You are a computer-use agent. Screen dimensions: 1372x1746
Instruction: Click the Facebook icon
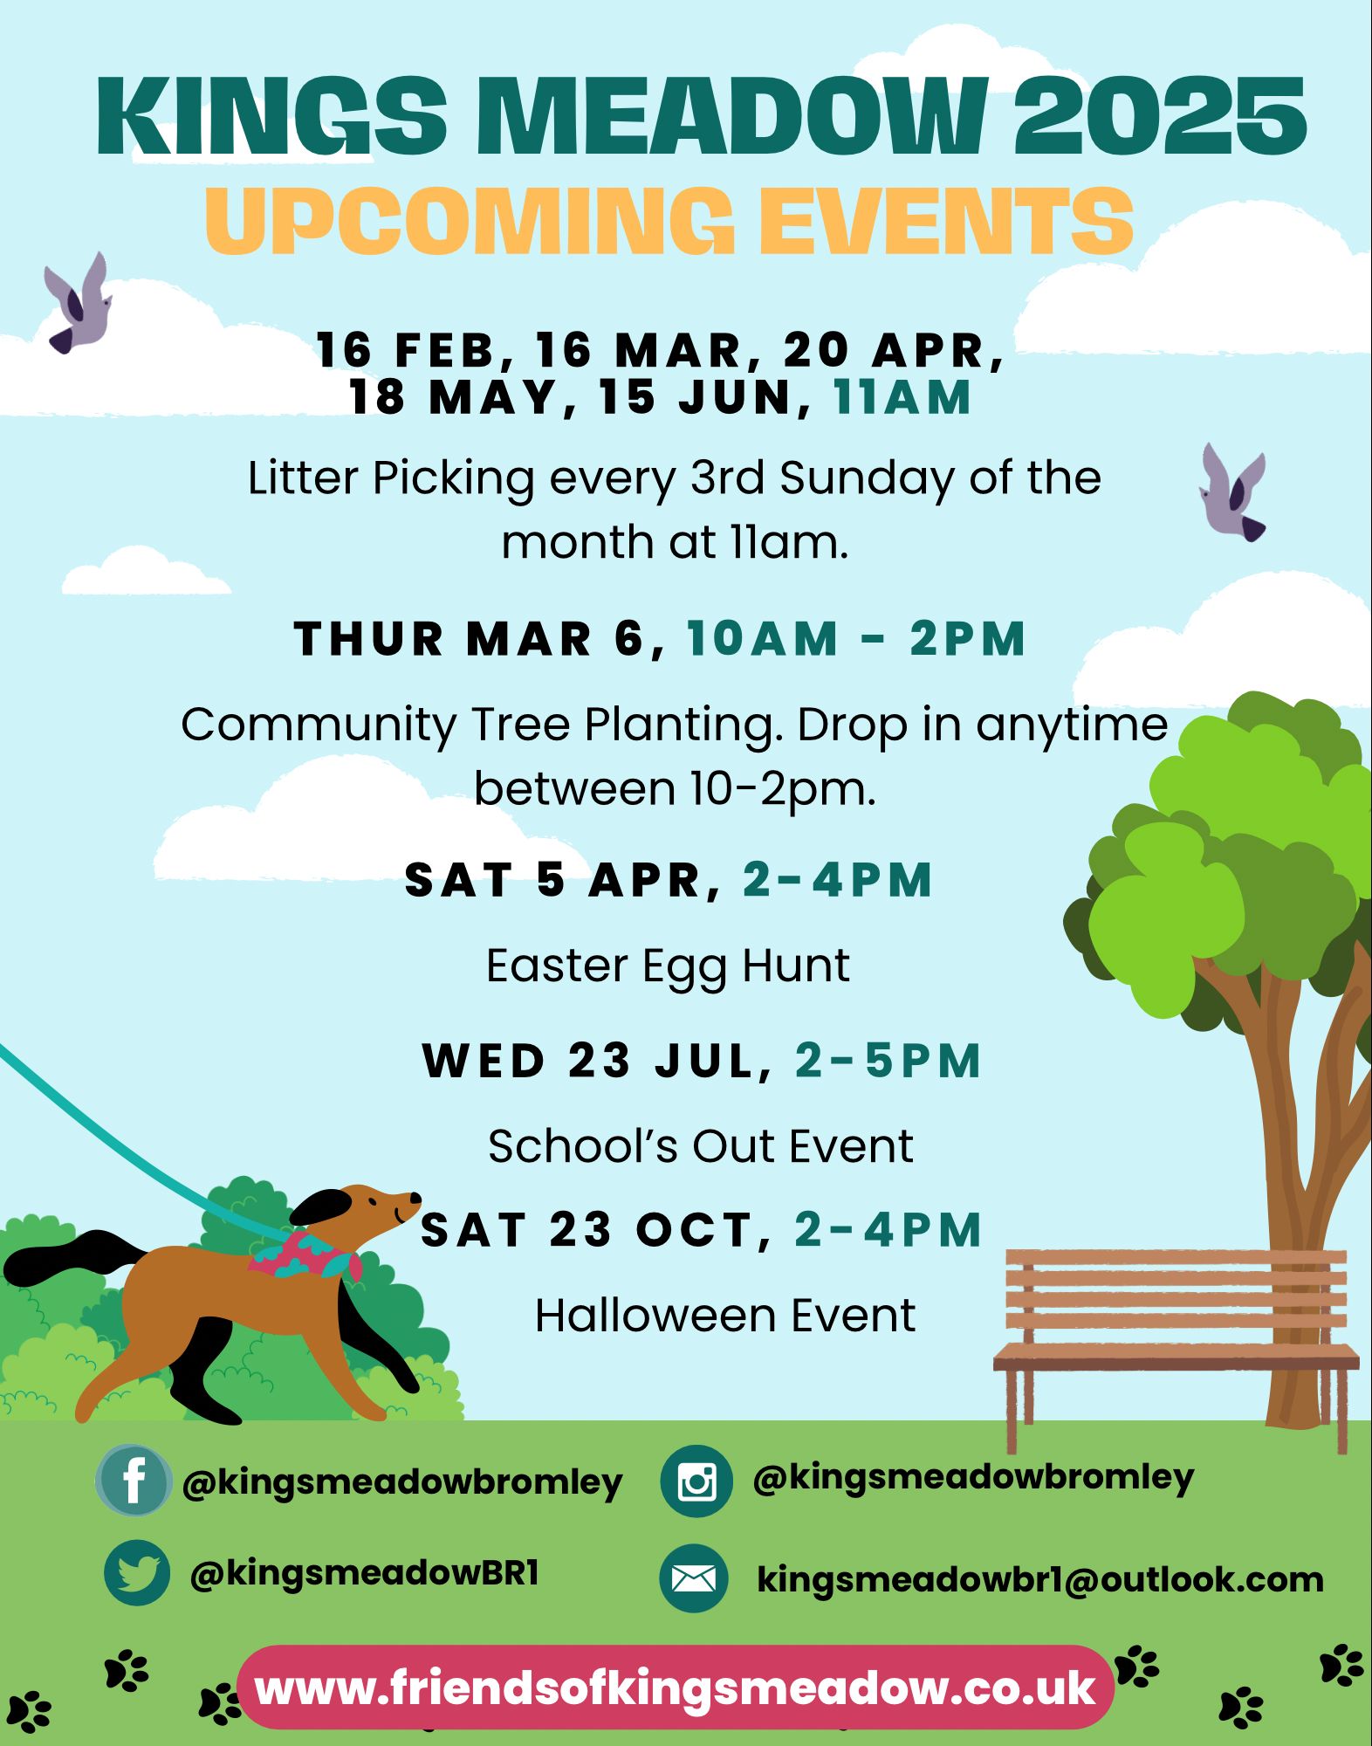[x=134, y=1481]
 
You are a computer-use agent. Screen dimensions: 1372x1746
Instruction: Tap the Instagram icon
[x=696, y=1481]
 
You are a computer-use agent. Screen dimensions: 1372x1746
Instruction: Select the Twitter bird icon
[x=137, y=1573]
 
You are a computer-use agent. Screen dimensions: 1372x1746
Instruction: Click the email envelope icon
[x=694, y=1578]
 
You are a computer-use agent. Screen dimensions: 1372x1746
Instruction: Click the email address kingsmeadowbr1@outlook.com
[x=1040, y=1579]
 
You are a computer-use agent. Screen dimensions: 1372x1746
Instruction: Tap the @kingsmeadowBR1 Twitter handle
[x=365, y=1573]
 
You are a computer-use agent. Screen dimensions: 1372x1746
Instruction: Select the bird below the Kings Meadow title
[x=79, y=302]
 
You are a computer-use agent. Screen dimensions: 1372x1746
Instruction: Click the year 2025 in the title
[x=1160, y=117]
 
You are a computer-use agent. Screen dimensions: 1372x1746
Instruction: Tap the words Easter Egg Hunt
[x=668, y=966]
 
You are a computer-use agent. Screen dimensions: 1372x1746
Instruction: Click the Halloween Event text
[x=725, y=1315]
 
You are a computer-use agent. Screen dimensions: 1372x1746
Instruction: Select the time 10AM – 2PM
[x=855, y=638]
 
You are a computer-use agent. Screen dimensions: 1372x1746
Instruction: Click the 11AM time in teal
[x=902, y=397]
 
